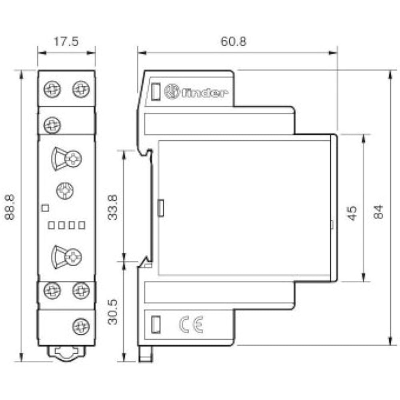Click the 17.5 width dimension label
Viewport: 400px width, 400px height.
point(66,41)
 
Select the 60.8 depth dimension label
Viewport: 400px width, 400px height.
point(234,41)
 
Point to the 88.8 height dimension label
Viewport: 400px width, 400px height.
point(10,207)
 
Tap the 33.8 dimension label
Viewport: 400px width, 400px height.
point(112,207)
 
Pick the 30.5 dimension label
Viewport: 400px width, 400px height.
point(112,312)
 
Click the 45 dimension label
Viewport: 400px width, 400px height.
point(352,213)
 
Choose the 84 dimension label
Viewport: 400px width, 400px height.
point(378,212)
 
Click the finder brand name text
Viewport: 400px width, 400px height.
point(204,93)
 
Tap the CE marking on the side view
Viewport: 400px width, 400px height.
point(191,324)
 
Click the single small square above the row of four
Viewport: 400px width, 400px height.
point(45,208)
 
